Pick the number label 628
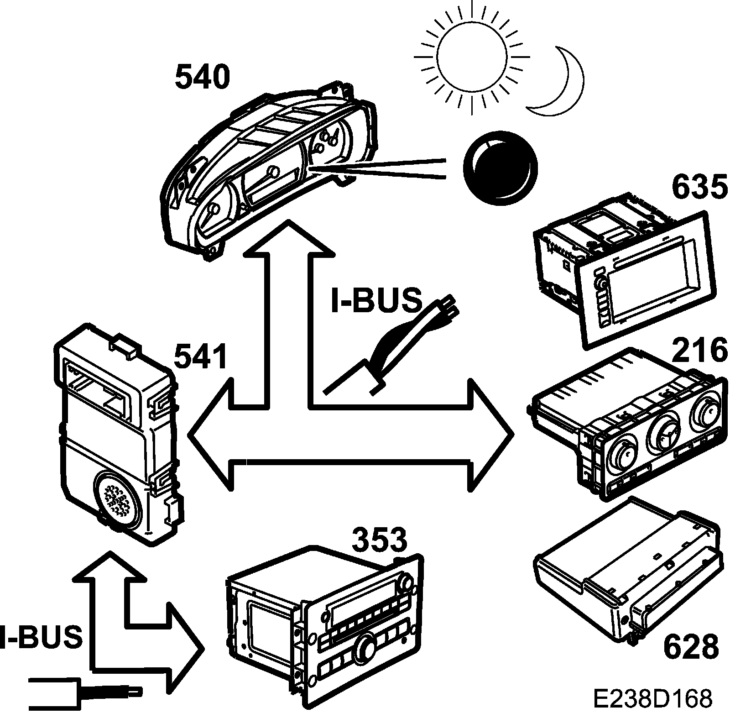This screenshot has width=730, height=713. (x=691, y=646)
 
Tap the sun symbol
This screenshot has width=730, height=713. (x=472, y=57)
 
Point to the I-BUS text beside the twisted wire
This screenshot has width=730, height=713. (x=375, y=300)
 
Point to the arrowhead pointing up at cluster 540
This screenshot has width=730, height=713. (x=287, y=237)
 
